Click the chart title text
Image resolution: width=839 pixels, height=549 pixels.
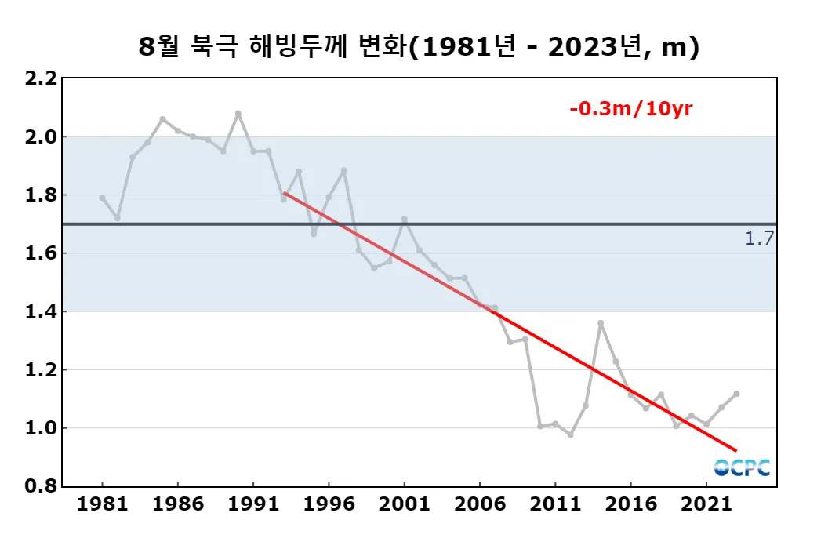click(x=419, y=47)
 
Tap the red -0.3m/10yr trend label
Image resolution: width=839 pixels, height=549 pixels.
click(x=630, y=109)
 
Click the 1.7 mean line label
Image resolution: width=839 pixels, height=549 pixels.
click(x=759, y=238)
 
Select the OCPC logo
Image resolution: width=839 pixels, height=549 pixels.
click(x=742, y=467)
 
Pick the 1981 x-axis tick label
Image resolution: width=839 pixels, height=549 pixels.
click(x=103, y=504)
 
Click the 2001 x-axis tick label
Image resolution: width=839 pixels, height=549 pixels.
click(x=404, y=504)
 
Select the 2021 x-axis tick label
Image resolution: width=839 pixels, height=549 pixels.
click(x=706, y=504)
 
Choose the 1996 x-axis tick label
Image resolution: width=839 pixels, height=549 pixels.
click(x=329, y=504)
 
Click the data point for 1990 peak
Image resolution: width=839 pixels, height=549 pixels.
click(x=238, y=114)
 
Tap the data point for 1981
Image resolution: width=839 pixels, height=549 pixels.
click(x=103, y=198)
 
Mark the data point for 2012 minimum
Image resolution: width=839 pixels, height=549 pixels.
click(x=570, y=434)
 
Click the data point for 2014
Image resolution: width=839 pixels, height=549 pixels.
click(x=601, y=323)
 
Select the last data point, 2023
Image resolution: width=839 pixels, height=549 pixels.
click(x=736, y=394)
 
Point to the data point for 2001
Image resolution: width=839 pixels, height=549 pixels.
click(x=404, y=220)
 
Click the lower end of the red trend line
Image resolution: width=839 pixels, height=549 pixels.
click(x=735, y=450)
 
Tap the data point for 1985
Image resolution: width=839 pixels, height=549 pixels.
click(x=162, y=119)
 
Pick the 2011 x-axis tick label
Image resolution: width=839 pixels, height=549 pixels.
click(x=554, y=504)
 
